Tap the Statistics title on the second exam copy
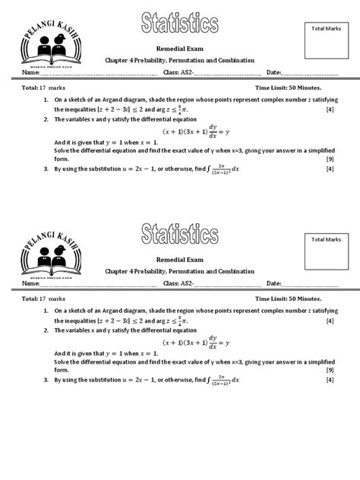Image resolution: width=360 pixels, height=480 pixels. click(180, 235)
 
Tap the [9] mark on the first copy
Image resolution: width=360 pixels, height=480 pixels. click(330, 159)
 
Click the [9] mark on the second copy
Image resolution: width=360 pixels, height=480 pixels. click(330, 370)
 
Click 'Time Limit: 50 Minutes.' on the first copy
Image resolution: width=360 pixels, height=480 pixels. click(294, 88)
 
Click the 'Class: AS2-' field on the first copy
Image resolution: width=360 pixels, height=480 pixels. click(179, 72)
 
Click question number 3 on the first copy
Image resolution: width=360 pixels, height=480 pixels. click(46, 169)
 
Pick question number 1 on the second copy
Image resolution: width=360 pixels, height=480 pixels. click(46, 311)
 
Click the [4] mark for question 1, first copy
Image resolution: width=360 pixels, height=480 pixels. click(330, 109)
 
